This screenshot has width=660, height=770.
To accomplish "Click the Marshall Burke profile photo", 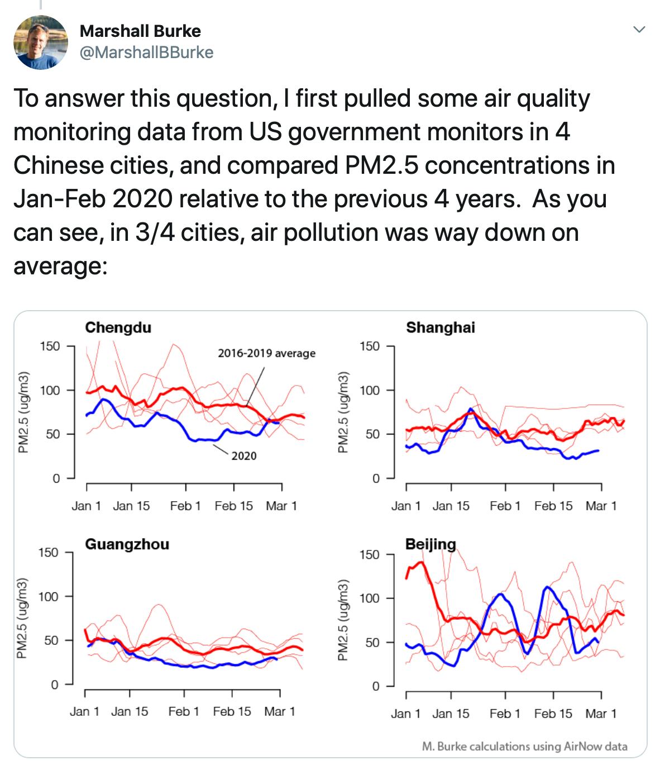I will click(x=40, y=42).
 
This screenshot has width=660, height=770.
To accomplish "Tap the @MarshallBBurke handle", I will click(x=146, y=53).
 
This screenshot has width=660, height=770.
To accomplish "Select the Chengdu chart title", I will click(x=118, y=327).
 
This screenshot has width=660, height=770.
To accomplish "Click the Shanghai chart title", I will click(x=441, y=327).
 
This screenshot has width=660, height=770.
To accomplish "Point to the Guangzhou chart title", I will click(x=127, y=544).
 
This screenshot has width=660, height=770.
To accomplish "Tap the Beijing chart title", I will click(x=431, y=544).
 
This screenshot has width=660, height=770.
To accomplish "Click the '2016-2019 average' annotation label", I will click(x=266, y=353).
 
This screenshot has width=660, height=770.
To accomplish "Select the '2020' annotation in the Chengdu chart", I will click(x=244, y=456).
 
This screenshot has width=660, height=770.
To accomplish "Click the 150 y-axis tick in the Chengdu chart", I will click(x=49, y=346).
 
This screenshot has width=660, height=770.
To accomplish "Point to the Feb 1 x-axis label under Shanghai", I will click(x=505, y=506).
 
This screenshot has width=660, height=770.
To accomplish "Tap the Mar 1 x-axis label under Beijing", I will click(x=601, y=714).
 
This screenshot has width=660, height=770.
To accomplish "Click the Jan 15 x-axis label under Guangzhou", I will click(x=130, y=711).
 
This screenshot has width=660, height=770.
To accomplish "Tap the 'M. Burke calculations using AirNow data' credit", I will click(x=525, y=747).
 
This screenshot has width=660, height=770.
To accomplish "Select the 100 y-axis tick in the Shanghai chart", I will click(x=369, y=391).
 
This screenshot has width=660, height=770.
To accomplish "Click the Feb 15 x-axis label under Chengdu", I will click(x=233, y=506).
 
